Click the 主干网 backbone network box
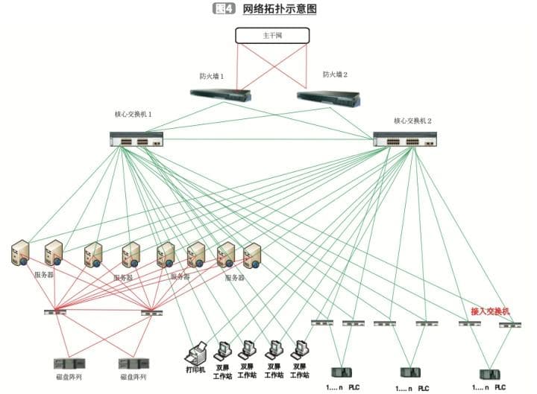(271, 35)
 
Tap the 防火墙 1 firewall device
(220, 95)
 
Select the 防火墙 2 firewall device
(328, 98)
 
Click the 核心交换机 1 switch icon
(136, 139)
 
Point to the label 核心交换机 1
(134, 115)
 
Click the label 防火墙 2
(336, 74)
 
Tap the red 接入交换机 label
(490, 311)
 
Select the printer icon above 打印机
(196, 352)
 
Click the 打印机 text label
(195, 369)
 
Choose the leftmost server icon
(21, 253)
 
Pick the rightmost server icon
(252, 255)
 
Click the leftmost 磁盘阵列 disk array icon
(69, 364)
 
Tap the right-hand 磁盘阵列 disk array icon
(136, 364)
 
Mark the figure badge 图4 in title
(224, 9)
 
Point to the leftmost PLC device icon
(342, 372)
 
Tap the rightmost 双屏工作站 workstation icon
(301, 350)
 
